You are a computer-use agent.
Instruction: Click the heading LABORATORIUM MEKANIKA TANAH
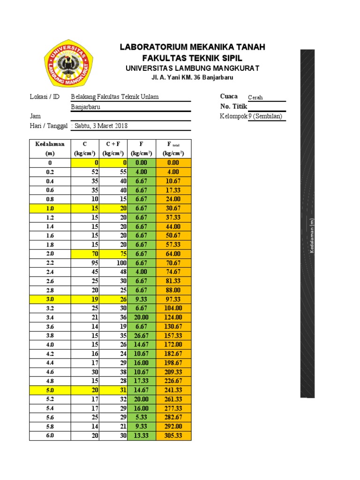[x=192, y=47]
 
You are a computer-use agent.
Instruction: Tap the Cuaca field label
[x=229, y=97]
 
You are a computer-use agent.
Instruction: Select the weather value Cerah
[x=255, y=97]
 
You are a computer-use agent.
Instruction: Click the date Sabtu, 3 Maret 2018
[x=100, y=126]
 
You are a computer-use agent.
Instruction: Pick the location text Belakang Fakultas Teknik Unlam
[x=114, y=97]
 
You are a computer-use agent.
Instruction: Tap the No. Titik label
[x=233, y=106]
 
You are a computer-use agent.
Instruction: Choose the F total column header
[x=173, y=148]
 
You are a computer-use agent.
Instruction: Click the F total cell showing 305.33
[x=173, y=436]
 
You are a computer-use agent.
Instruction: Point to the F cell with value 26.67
[x=141, y=336]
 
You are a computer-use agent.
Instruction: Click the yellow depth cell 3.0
[x=50, y=299]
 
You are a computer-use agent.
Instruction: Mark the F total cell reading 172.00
[x=173, y=345]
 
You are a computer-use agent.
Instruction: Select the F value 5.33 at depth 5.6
[x=141, y=418]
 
